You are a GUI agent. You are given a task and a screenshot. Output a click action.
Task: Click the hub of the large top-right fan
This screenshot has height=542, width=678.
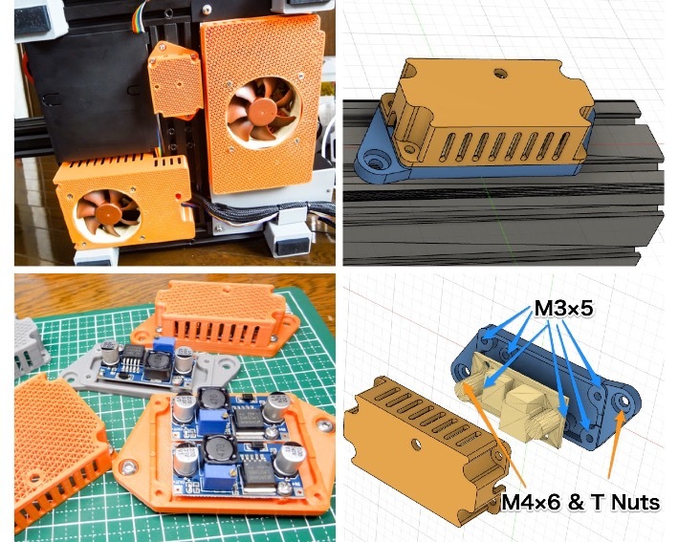pyautogui.click(x=256, y=113)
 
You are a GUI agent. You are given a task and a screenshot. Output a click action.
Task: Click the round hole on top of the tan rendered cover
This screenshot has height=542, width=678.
pyautogui.click(x=497, y=71)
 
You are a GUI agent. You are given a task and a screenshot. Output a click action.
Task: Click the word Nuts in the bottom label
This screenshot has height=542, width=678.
pyautogui.click(x=635, y=501)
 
